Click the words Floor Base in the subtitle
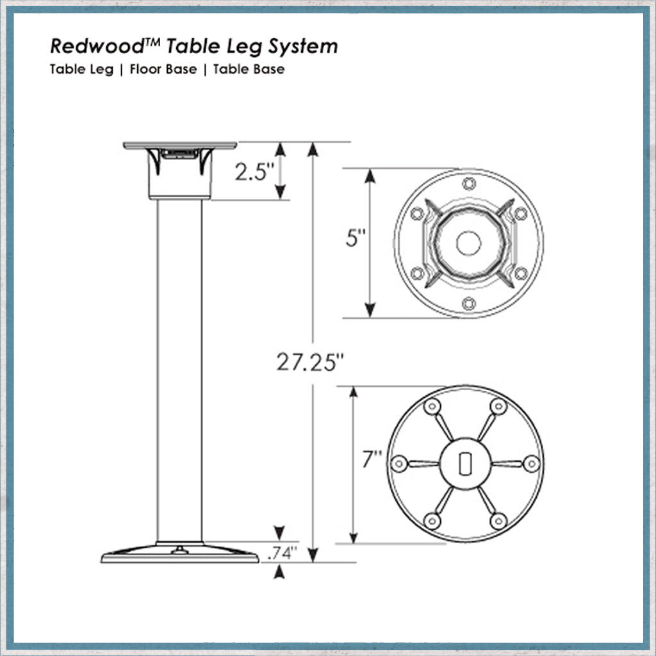[163, 70]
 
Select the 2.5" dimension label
[254, 172]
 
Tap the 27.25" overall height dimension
[306, 363]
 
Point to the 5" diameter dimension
[352, 242]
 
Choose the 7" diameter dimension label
[372, 460]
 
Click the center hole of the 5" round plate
[468, 243]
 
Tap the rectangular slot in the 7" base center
[466, 463]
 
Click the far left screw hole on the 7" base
[400, 463]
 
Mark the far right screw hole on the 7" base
[530, 463]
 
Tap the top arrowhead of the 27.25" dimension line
[313, 149]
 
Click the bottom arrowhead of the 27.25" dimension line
[313, 555]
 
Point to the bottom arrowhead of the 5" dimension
[370, 310]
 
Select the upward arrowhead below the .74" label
[278, 574]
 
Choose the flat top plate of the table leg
[180, 145]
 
